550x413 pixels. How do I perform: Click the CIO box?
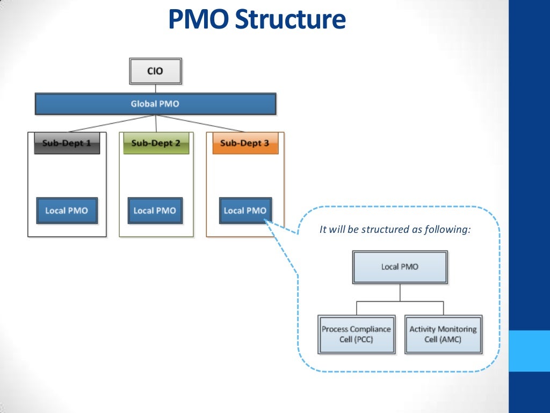tap(155, 71)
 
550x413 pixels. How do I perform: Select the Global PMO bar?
tap(155, 104)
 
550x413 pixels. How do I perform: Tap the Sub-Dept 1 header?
tap(67, 143)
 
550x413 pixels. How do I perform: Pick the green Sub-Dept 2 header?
tap(156, 143)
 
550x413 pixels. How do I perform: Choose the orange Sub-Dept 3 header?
tap(245, 143)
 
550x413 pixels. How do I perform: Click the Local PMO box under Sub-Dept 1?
tap(67, 211)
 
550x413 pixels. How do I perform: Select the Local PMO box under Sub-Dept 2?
tap(155, 211)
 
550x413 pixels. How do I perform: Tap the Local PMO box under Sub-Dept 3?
tap(245, 211)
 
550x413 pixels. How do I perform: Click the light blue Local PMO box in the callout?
tap(400, 267)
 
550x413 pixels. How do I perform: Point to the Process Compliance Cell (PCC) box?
tap(357, 334)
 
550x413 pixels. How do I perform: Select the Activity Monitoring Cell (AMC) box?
tap(443, 334)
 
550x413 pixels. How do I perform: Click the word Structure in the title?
tap(291, 19)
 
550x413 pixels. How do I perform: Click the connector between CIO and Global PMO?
tap(155, 89)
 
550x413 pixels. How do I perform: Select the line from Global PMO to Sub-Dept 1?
tap(112, 123)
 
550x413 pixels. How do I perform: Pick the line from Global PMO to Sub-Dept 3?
tap(200, 123)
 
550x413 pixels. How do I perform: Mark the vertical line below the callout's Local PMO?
tap(400, 293)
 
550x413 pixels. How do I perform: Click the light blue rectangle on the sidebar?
tap(529, 351)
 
